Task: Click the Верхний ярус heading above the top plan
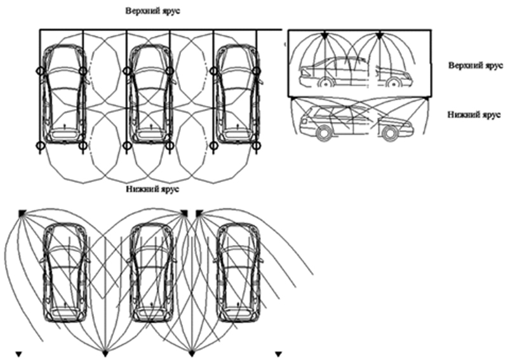coord(153,11)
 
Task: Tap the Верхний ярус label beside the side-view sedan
coord(476,66)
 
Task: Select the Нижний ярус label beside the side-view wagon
coord(474,115)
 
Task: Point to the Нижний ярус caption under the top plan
coord(152,189)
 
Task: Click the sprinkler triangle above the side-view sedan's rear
coord(324,36)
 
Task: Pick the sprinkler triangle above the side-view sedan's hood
coord(380,36)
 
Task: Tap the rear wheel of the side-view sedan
coord(325,83)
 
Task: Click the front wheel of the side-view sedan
coord(392,83)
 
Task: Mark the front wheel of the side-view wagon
coord(390,133)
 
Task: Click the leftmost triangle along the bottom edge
coord(18,354)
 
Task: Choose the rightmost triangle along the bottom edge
coord(278,354)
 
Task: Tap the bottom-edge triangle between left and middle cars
coord(105,353)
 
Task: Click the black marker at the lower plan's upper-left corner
coord(22,213)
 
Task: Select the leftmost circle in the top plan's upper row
coord(40,70)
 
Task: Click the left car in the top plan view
coord(64,94)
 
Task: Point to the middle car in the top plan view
coord(150,94)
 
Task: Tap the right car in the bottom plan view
coord(237,272)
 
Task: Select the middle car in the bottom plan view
coord(151,272)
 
